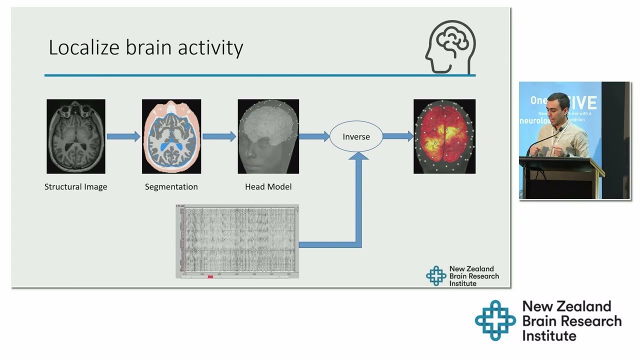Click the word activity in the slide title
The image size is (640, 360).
click(x=213, y=48)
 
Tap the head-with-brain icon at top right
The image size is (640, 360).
click(x=450, y=47)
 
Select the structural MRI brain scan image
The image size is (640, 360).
click(x=76, y=136)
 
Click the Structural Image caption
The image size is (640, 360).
click(x=76, y=187)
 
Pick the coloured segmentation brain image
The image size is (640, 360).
click(x=171, y=136)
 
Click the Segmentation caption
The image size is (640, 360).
click(x=171, y=187)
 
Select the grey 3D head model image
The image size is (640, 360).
click(x=268, y=136)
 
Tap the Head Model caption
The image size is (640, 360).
click(x=268, y=187)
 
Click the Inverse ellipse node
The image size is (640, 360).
click(x=356, y=136)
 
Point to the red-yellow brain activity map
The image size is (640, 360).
click(x=444, y=136)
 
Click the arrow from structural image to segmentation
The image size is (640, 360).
click(x=123, y=136)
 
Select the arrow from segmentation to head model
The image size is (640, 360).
click(x=219, y=136)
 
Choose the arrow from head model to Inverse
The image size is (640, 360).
click(x=314, y=136)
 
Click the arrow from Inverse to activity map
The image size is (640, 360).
click(x=398, y=136)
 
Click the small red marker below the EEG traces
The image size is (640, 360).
click(x=210, y=276)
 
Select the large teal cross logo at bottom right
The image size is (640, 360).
click(x=495, y=320)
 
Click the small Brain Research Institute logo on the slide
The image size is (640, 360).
click(x=435, y=276)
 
